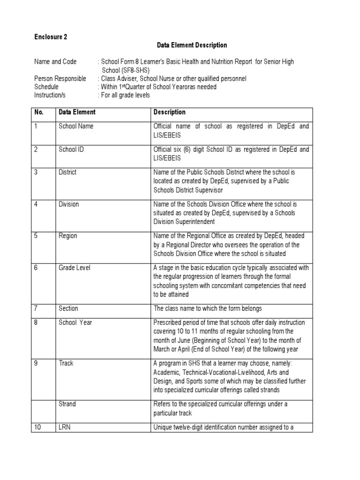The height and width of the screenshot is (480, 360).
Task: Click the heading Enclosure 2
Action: coord(51,37)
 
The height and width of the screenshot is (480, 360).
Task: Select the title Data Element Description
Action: coord(191,45)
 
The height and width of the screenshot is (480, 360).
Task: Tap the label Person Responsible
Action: coord(60,79)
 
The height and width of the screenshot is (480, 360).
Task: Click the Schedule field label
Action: coord(46,87)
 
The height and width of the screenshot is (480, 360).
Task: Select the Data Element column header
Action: coord(77,112)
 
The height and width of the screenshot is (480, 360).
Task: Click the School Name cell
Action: coord(76,127)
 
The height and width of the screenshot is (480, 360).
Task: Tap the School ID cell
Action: coord(71,150)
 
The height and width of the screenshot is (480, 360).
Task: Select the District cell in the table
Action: coord(67,172)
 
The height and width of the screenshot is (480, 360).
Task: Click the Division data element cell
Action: coord(69,204)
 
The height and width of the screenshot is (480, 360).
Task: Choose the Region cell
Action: coord(68,236)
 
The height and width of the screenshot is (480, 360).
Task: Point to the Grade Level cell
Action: coord(75,268)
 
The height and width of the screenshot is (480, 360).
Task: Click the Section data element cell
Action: coord(68,309)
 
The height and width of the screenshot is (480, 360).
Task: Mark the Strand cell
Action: coord(67,404)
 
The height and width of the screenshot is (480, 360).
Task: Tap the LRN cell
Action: coord(65,427)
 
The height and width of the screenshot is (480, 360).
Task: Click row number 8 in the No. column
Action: coord(36,322)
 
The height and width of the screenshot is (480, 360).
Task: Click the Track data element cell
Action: coord(66,363)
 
